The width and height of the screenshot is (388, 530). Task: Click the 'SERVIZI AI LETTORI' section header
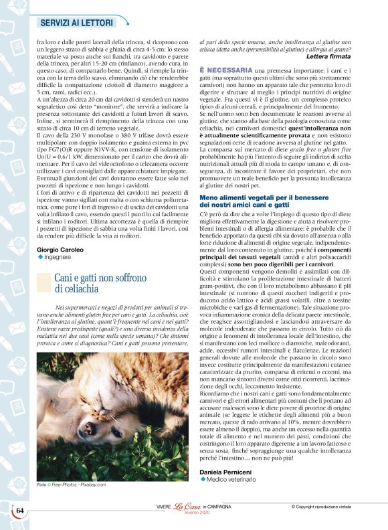pos(78,22)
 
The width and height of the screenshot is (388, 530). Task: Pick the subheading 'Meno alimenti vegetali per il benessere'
pos(272,179)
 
